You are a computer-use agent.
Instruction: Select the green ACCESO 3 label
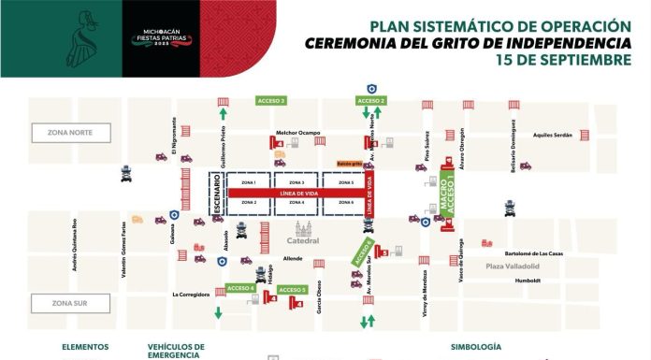270,100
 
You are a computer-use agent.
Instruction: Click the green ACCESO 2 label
371,100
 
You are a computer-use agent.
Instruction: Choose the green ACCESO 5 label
293,291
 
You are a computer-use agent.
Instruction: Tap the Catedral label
303,240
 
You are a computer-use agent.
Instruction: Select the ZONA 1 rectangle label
249,182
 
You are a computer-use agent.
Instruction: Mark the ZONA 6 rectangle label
345,202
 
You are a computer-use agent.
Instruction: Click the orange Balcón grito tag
351,161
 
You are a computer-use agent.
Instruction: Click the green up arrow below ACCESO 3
223,114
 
